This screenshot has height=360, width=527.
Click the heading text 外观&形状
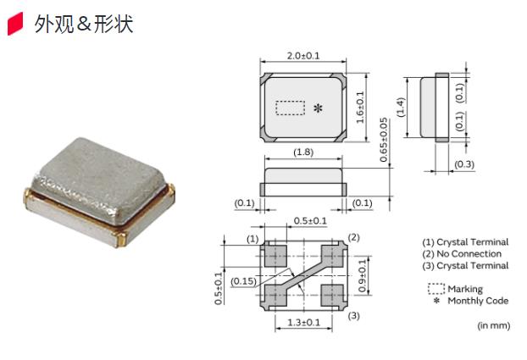84,24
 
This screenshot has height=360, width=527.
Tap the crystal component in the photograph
99,191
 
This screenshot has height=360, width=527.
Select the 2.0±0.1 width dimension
302,56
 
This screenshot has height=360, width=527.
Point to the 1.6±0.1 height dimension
360,107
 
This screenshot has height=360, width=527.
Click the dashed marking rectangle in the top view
291,108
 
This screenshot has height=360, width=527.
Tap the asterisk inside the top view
318,108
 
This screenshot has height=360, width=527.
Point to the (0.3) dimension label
464,163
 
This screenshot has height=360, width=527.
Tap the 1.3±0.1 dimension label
303,323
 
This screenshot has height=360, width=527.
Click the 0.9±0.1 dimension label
364,275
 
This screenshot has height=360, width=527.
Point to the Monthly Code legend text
478,301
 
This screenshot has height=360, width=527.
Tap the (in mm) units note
493,325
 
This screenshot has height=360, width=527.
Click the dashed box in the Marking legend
436,289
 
